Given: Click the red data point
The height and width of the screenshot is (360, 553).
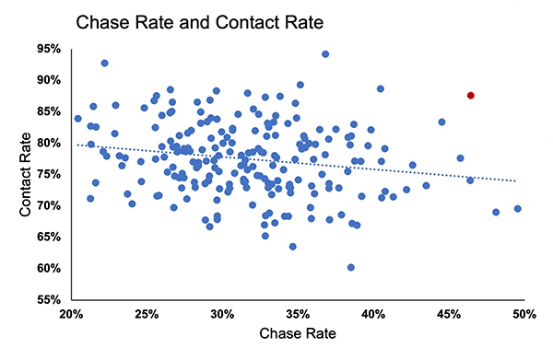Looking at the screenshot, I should coord(471,96).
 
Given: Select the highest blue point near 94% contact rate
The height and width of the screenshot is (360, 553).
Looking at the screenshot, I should coord(325,54).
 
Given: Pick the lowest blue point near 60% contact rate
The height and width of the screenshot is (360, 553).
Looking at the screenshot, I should coord(351,267).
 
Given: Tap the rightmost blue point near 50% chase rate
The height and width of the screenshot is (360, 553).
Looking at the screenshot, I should coord(517,209).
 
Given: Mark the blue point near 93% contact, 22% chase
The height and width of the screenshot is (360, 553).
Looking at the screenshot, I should coord(105,64).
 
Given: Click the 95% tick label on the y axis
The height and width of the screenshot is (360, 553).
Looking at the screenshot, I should coord(50,48).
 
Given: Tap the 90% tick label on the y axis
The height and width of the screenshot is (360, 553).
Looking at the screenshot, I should coord(50,80).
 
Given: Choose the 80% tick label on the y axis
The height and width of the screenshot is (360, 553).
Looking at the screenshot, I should coord(50,143).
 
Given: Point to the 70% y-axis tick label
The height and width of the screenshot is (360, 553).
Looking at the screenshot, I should coord(50,205).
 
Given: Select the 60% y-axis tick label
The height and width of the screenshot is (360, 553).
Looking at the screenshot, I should coord(50,269).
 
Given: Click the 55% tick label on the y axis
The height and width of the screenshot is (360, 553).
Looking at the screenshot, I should coord(50,300).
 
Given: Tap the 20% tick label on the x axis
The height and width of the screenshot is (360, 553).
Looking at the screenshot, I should coord(71,314).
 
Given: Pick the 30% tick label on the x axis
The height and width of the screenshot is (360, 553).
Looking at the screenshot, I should coord(222,314).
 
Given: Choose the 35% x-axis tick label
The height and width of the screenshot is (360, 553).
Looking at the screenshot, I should coord(298,314).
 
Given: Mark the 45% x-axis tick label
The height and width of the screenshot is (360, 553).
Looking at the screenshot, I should coord(449,314).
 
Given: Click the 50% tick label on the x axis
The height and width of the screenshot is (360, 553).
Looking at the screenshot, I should coord(524,314).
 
